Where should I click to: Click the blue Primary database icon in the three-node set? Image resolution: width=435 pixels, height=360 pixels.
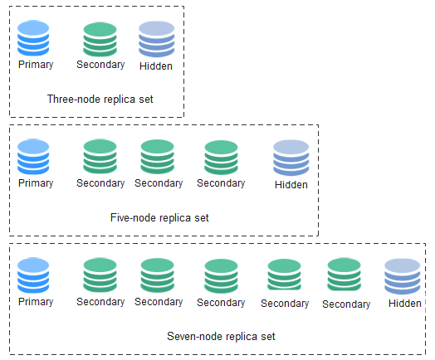click(33, 38)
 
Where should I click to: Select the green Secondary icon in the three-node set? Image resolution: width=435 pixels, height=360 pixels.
click(100, 39)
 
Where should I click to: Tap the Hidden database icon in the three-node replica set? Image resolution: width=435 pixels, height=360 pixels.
click(156, 39)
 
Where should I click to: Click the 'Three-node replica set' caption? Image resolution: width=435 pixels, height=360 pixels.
click(100, 100)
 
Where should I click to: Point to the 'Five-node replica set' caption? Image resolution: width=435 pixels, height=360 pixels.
click(159, 218)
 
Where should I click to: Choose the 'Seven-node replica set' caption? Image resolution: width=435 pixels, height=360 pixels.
click(221, 337)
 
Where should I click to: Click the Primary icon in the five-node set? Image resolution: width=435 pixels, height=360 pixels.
click(33, 157)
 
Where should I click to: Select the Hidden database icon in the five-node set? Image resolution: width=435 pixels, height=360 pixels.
click(291, 158)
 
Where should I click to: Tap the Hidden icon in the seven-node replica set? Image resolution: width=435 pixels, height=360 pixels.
click(403, 276)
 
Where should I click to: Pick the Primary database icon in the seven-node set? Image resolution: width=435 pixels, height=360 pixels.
click(33, 275)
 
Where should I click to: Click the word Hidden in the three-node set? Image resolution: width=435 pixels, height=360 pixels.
click(156, 66)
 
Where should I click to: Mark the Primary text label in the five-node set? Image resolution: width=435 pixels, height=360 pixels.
click(36, 183)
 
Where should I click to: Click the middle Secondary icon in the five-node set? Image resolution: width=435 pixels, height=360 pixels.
click(157, 157)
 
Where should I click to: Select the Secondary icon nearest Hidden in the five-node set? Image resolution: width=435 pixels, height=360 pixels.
click(221, 158)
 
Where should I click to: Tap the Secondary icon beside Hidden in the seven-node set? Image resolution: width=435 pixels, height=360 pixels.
click(344, 275)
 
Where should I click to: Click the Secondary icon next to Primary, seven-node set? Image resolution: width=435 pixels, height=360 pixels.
click(100, 275)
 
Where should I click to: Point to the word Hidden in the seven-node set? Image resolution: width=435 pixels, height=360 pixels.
click(405, 304)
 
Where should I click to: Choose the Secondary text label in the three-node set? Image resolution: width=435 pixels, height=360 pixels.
click(100, 65)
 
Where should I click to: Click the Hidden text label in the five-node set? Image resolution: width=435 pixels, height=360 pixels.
click(291, 185)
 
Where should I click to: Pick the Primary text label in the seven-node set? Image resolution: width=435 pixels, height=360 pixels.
click(36, 302)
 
